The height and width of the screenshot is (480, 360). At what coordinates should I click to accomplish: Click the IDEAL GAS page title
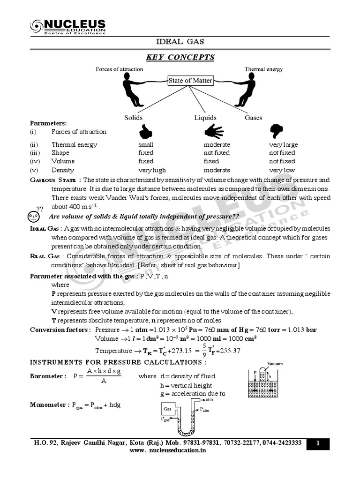tap(180, 42)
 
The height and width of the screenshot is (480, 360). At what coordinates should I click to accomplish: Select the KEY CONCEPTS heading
tap(180, 57)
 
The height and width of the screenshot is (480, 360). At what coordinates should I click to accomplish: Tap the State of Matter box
tap(190, 80)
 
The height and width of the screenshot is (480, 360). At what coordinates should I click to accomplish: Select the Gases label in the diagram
tap(253, 118)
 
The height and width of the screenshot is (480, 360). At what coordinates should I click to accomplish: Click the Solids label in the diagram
tap(133, 118)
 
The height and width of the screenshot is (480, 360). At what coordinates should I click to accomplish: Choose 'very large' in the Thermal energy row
tap(283, 145)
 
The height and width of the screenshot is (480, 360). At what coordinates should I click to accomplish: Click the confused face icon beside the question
tap(33, 216)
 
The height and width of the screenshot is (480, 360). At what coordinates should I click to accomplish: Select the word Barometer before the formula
tap(46, 376)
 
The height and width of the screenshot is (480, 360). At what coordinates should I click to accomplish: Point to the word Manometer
tap(46, 405)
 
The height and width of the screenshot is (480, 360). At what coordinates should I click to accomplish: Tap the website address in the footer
tap(168, 450)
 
